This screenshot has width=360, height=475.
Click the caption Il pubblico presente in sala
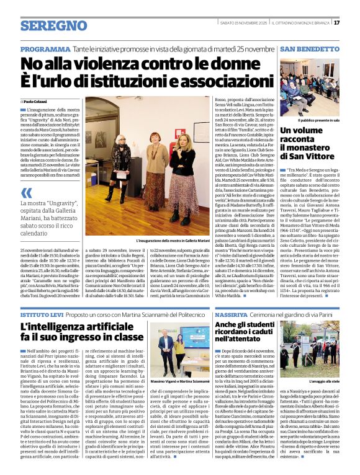tap(315, 120)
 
